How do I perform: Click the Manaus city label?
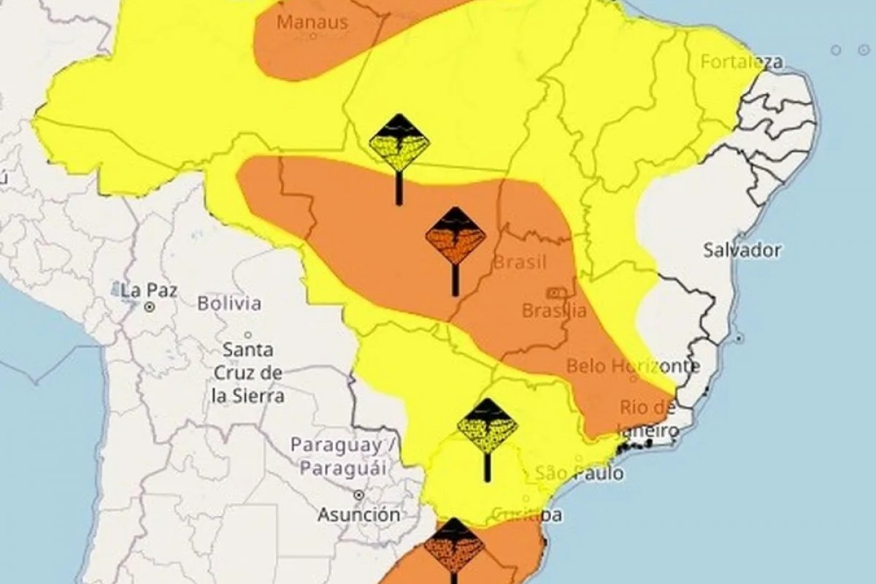click(x=312, y=21)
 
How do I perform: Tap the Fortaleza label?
click(x=742, y=62)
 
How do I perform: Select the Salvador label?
click(x=742, y=250)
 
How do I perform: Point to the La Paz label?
click(x=149, y=290)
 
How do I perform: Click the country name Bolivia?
click(x=229, y=303)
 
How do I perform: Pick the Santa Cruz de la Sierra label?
click(x=247, y=373)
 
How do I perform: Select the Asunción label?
click(x=358, y=515)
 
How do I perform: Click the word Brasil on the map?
click(x=520, y=262)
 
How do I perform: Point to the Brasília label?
click(x=554, y=310)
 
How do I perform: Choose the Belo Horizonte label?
click(x=633, y=365)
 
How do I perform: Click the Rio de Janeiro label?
click(x=647, y=419)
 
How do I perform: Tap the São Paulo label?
click(x=580, y=473)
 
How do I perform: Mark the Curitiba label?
click(x=526, y=515)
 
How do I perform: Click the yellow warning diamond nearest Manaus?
click(x=399, y=142)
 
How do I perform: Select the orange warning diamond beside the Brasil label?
click(x=456, y=235)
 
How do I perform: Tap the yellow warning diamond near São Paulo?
click(x=487, y=427)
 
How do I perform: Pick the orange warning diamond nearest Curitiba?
click(x=454, y=545)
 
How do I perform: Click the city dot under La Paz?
click(x=149, y=307)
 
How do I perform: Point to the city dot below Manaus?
click(x=313, y=35)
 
